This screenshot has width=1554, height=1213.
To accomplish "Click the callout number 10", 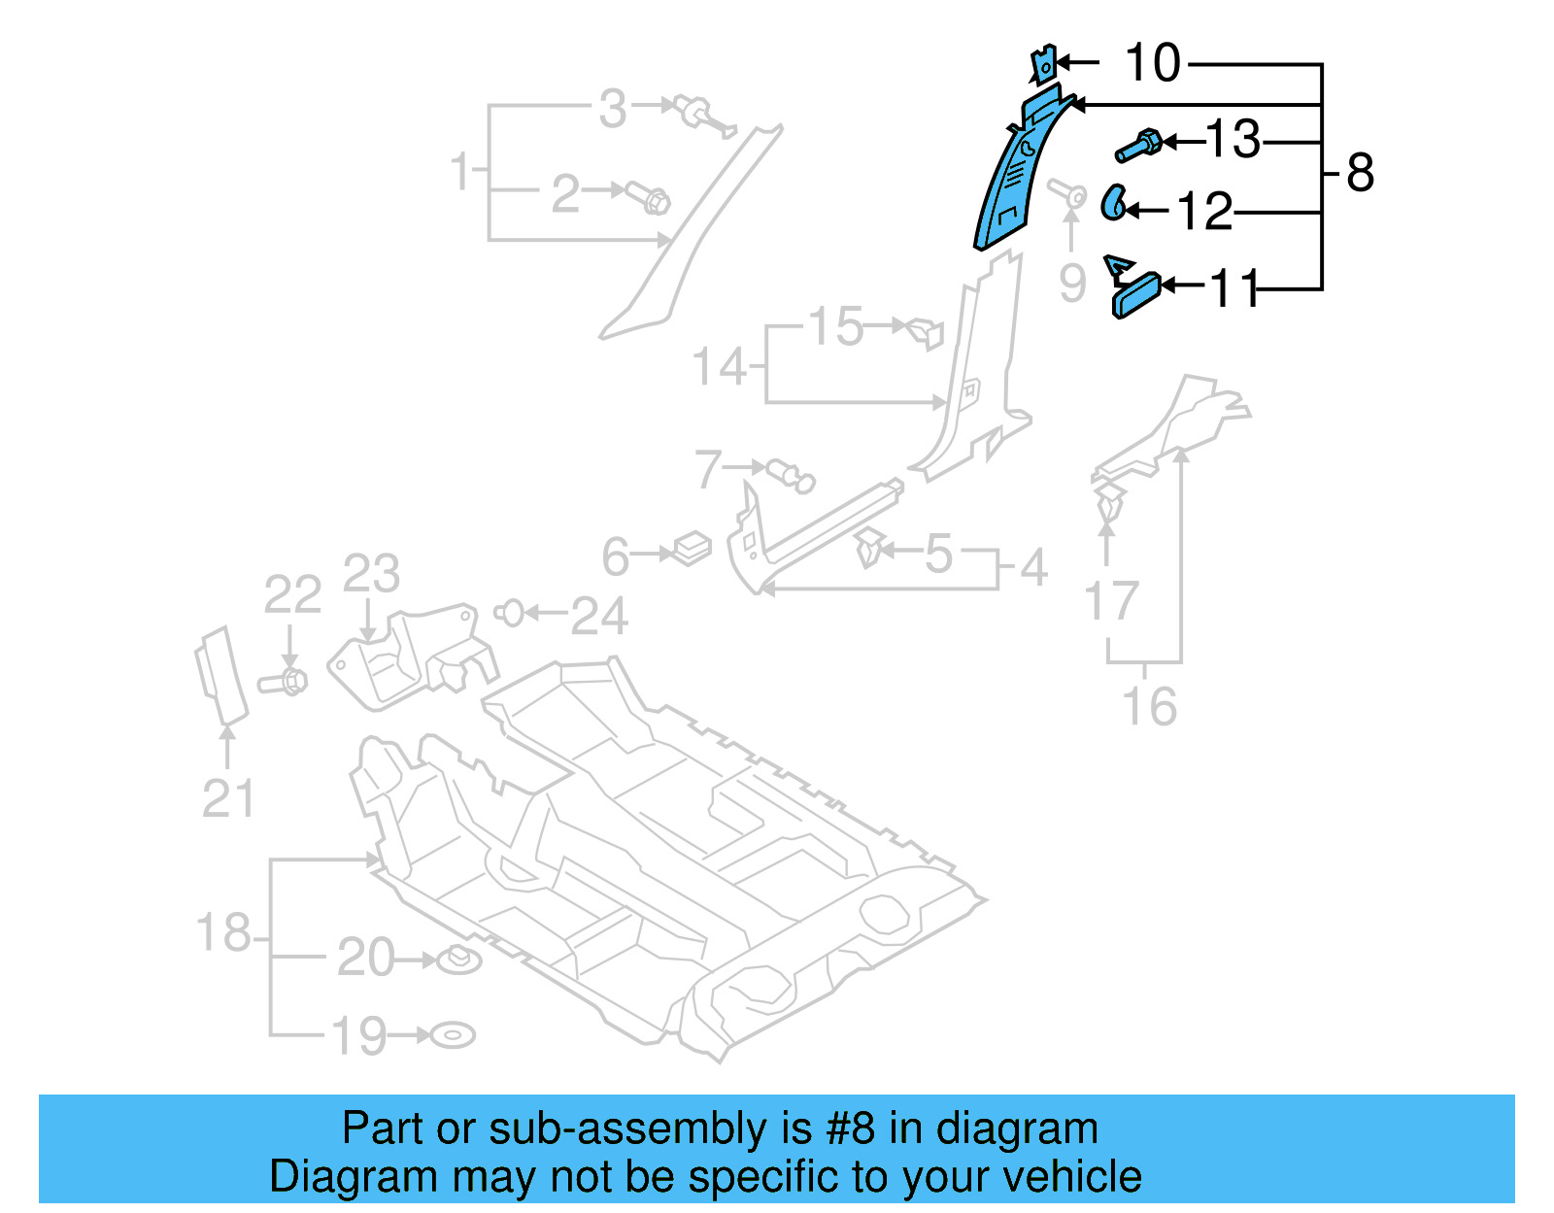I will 1152,64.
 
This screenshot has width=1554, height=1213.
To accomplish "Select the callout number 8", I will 1360,174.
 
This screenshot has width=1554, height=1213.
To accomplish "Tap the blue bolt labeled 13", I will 1138,147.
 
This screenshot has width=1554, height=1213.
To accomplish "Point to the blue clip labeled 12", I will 1113,202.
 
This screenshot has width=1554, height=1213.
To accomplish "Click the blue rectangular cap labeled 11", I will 1136,295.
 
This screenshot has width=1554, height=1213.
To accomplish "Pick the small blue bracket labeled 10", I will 1042,65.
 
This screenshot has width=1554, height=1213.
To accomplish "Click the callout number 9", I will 1071,283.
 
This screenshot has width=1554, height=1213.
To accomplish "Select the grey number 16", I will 1150,706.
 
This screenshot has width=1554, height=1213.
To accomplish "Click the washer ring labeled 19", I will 453,1035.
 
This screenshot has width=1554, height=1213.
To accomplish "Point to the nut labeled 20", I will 458,960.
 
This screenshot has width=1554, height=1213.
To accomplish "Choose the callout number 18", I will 223,932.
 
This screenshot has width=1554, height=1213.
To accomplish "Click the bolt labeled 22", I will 284,681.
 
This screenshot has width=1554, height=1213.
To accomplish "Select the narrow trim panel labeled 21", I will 220,675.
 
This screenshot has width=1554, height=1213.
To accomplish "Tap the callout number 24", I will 599,616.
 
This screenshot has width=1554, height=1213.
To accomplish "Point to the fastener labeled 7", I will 791,476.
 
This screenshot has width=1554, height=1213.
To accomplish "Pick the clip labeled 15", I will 926,331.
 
